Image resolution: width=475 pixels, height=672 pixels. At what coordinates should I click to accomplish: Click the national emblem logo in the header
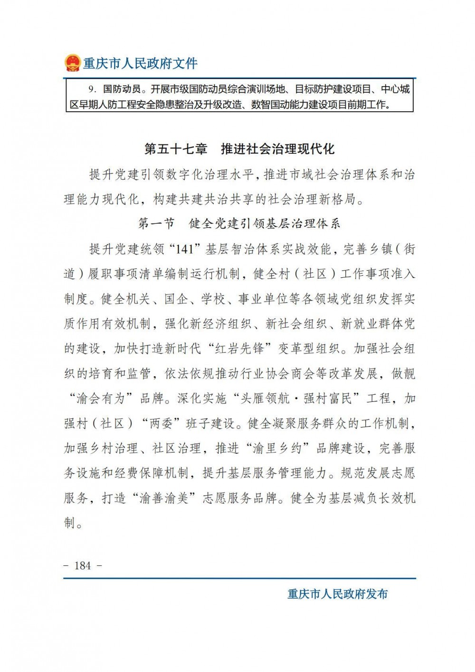(x=73, y=63)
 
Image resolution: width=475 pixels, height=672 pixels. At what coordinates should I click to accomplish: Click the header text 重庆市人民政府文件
(x=140, y=63)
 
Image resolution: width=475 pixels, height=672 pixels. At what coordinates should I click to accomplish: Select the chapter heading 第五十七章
(x=176, y=149)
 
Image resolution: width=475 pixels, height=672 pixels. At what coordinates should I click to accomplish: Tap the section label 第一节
(x=156, y=223)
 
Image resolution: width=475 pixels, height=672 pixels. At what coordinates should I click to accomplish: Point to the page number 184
(x=83, y=565)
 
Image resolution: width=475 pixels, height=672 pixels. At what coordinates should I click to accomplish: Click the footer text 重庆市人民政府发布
(x=337, y=594)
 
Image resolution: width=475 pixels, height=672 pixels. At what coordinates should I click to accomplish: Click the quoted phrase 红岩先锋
(x=238, y=348)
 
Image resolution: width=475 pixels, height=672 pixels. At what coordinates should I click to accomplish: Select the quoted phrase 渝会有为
(x=100, y=398)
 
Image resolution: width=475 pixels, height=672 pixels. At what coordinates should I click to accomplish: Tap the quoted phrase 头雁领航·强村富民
(x=296, y=398)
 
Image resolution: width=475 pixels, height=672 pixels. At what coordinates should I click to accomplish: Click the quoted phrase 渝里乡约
(x=270, y=448)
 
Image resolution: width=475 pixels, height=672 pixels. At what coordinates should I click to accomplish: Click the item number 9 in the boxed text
(x=92, y=89)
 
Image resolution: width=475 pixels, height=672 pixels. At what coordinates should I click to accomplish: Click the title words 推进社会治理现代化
(x=278, y=149)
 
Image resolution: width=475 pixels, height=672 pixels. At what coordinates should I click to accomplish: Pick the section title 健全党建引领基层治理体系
(x=265, y=223)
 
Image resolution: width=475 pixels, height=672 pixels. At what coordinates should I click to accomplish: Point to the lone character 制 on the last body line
(x=70, y=523)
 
